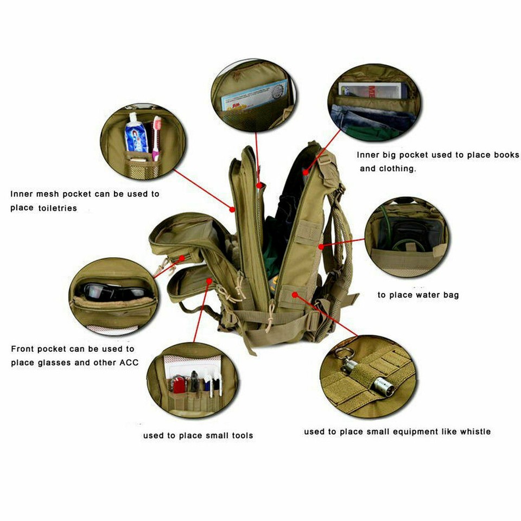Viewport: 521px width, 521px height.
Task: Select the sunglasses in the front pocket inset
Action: [111, 293]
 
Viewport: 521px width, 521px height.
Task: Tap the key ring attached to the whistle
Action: [341, 354]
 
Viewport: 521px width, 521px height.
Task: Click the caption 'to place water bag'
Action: [418, 295]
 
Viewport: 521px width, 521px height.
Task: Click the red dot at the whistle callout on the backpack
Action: [294, 295]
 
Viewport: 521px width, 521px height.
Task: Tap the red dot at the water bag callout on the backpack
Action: [321, 247]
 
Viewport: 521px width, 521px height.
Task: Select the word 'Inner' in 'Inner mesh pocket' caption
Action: [23, 194]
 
